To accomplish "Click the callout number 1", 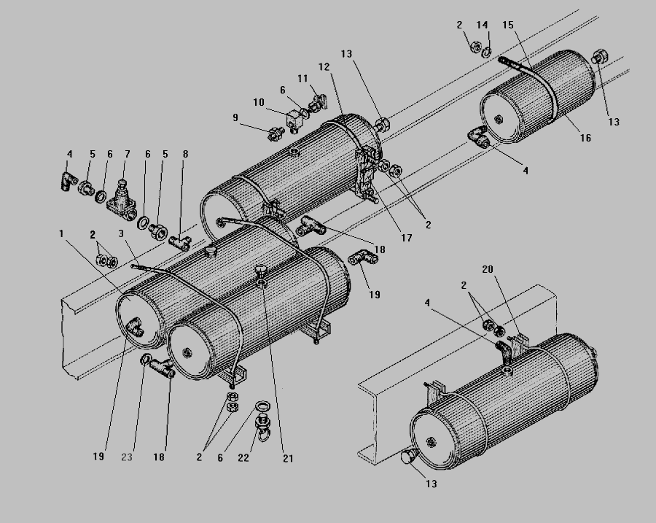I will (63, 233).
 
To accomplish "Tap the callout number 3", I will (122, 233).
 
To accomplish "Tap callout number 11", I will (302, 77).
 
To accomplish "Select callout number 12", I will (324, 66).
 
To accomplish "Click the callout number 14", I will (482, 25).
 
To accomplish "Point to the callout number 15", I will (507, 25).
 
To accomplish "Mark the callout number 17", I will (406, 238).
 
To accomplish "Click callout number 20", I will (487, 269).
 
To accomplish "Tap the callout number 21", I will (288, 458).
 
